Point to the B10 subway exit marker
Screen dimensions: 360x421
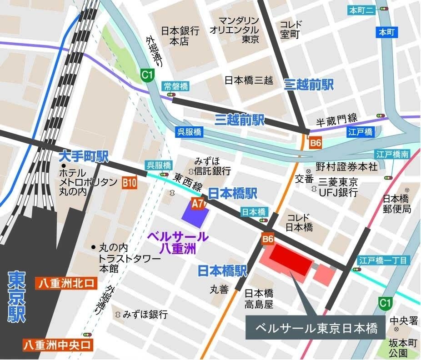click(x=129, y=183)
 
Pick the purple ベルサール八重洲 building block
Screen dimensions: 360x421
click(x=195, y=212)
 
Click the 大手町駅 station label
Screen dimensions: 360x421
click(x=84, y=157)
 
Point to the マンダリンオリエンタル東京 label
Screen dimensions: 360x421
click(x=235, y=30)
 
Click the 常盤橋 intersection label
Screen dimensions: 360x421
click(x=176, y=86)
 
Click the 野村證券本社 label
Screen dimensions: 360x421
click(x=346, y=167)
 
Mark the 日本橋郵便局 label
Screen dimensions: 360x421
click(x=396, y=204)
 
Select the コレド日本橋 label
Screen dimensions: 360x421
click(x=299, y=221)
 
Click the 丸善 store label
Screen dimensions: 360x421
click(x=219, y=289)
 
